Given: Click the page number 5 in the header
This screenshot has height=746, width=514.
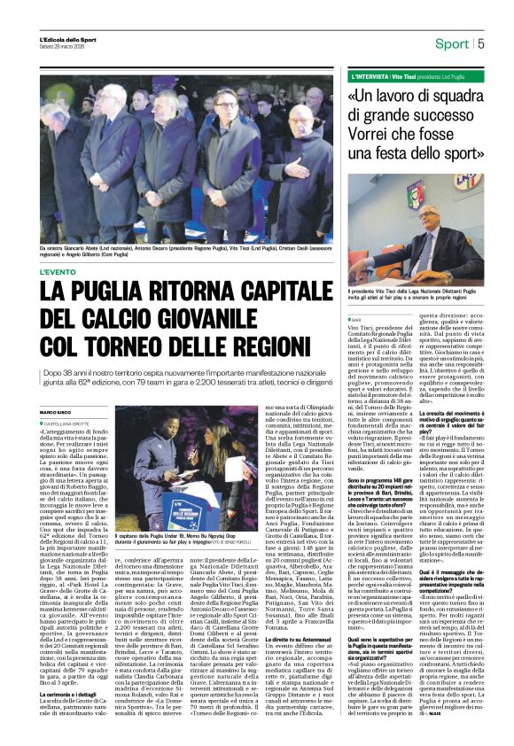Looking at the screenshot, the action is tap(480, 43).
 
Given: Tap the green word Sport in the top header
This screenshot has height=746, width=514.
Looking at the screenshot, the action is tap(452, 43).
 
